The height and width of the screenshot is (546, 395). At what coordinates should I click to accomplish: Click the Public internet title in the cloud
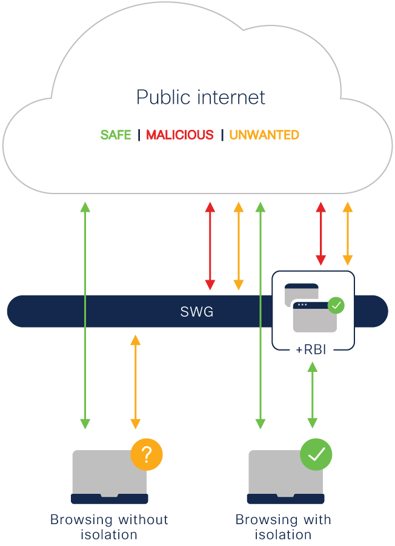click(201, 97)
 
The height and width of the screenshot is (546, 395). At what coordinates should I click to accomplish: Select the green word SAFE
click(116, 135)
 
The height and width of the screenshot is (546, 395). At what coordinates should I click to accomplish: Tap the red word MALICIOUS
click(180, 135)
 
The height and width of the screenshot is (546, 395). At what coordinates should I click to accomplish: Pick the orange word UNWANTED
click(264, 135)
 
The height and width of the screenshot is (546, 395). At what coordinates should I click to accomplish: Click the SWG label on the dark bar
click(197, 312)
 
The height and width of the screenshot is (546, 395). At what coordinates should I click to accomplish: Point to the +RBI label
click(311, 350)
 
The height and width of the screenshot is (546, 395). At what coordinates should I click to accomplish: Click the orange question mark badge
click(147, 454)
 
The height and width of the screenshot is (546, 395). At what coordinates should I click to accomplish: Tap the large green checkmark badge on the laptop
click(316, 454)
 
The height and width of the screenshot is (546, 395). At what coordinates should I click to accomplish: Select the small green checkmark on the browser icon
click(336, 305)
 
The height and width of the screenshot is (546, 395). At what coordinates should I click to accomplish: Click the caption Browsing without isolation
click(109, 527)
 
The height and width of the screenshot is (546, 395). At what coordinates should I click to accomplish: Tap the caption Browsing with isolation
click(283, 527)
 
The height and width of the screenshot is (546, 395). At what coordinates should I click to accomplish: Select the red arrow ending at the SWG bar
click(210, 246)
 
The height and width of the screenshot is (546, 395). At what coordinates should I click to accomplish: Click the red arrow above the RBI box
click(321, 234)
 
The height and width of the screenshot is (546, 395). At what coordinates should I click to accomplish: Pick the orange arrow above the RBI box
click(348, 234)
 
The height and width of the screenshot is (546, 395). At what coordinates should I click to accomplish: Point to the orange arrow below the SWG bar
click(136, 382)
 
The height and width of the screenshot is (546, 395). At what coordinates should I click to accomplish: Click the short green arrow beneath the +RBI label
click(312, 395)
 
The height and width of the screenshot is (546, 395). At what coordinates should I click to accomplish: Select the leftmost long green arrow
click(85, 315)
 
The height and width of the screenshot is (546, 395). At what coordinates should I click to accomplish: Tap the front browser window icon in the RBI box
click(314, 316)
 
